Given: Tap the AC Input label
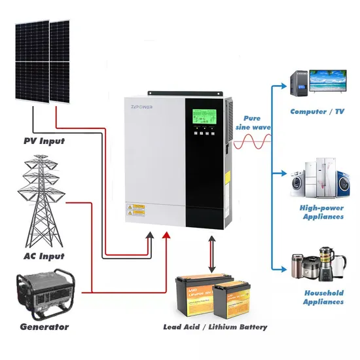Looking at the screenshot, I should point(43,256).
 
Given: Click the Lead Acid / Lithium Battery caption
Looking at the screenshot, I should point(215,327).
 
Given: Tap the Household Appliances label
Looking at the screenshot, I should point(323,297).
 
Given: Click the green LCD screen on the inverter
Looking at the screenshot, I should point(205,117).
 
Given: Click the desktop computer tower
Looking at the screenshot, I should point(298,82).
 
